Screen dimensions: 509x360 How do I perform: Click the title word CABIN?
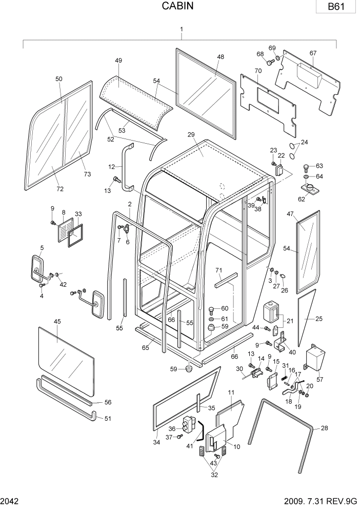tap(179, 6)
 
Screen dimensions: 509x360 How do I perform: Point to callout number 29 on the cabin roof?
tap(191, 134)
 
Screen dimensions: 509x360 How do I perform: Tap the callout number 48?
tap(221, 57)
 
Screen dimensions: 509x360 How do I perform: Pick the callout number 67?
tap(313, 53)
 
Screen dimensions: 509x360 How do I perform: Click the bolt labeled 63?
tap(306, 167)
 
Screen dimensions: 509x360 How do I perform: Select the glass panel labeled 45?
tap(67, 359)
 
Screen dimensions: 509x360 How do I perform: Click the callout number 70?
tap(258, 70)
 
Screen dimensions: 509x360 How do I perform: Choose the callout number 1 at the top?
tap(181, 30)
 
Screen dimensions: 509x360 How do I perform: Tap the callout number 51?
tap(108, 418)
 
